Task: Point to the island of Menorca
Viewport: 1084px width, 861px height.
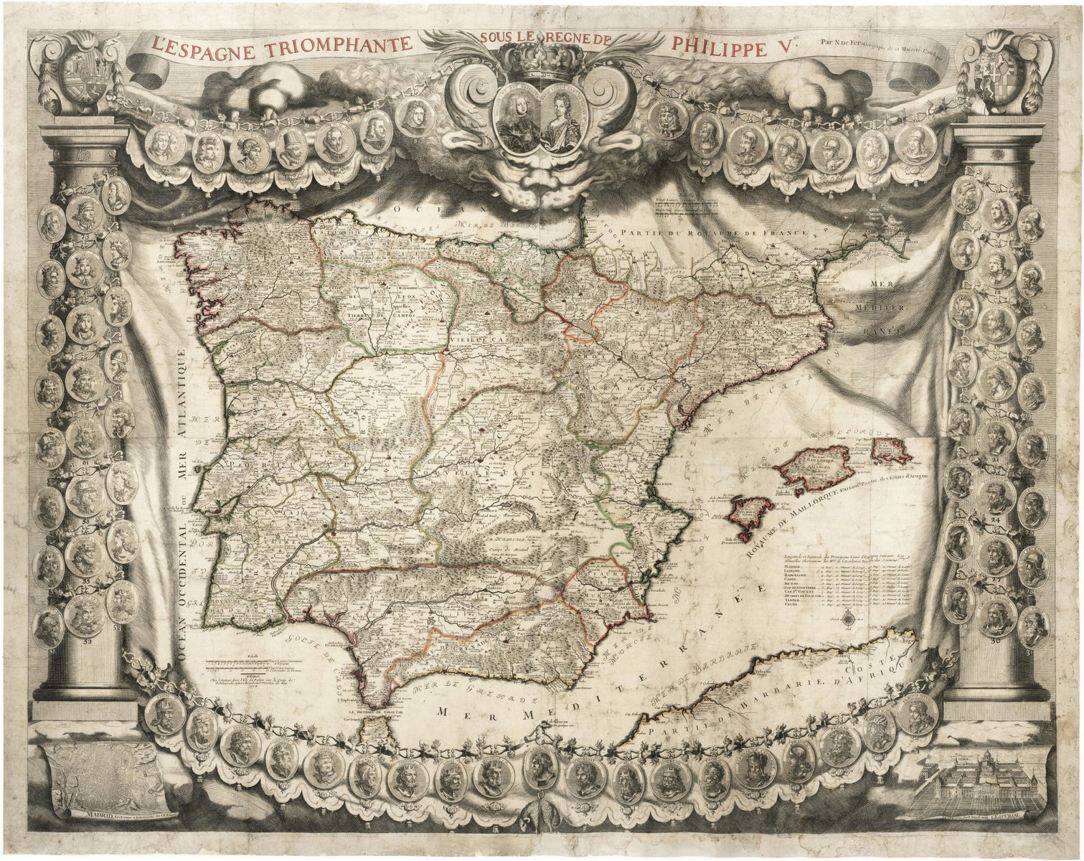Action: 891,450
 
